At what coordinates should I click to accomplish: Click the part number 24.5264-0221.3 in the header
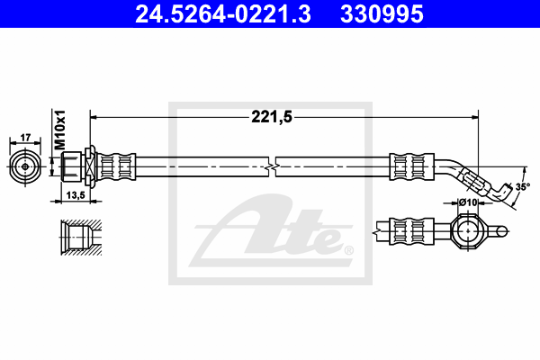coord(223,14)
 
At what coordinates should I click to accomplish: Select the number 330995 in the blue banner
coord(382,14)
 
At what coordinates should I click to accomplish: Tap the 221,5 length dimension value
coord(272,117)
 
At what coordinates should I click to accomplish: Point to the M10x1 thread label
coord(60,130)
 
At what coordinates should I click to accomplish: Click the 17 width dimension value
coord(25,138)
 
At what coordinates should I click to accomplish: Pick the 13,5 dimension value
coord(76,195)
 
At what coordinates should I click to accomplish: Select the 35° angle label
coord(523,187)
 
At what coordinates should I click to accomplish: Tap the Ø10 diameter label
coord(468,202)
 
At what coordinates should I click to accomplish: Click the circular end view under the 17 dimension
coord(25,166)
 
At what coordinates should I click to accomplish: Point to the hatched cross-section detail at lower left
coord(81,238)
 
